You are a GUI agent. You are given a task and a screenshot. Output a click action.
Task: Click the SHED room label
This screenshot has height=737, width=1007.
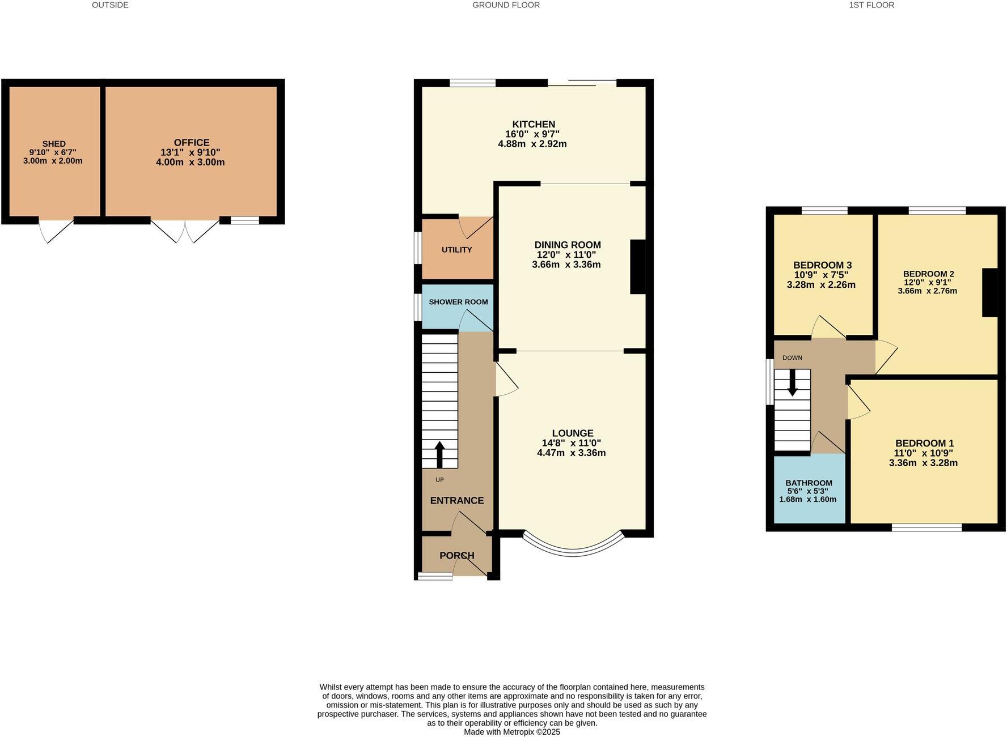[x=54, y=144]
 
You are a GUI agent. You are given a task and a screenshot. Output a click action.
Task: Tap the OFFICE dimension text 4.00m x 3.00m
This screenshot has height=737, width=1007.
[x=191, y=163]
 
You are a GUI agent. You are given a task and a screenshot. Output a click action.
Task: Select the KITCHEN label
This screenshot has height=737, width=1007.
[x=534, y=125]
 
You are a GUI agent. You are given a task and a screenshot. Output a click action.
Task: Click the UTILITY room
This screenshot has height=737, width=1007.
[x=457, y=250]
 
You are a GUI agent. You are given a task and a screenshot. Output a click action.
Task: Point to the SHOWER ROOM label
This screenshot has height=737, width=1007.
[x=458, y=302]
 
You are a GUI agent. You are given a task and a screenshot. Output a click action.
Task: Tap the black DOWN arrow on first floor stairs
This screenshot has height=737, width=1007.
[x=793, y=382]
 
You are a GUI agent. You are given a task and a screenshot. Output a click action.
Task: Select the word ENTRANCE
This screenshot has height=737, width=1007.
[x=457, y=501]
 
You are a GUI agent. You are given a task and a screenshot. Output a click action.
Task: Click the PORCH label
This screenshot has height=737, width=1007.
[x=457, y=556]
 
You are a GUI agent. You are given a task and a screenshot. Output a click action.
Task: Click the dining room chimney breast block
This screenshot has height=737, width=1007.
[x=638, y=267]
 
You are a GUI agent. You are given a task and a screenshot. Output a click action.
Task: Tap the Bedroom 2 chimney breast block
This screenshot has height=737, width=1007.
[x=989, y=292]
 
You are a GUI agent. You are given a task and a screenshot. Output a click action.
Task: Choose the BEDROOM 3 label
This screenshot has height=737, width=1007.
[x=822, y=265]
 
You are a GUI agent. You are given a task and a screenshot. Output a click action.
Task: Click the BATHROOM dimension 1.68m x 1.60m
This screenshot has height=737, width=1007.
[x=807, y=500]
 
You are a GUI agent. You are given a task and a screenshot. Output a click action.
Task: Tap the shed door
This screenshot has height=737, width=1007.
[x=56, y=229]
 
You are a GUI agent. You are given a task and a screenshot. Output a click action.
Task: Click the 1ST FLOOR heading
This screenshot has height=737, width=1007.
[x=871, y=5]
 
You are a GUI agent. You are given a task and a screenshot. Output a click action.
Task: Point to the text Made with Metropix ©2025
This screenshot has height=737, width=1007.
[x=511, y=732]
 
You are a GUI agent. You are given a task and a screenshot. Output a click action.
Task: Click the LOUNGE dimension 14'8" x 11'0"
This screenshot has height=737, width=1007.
[x=571, y=444]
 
